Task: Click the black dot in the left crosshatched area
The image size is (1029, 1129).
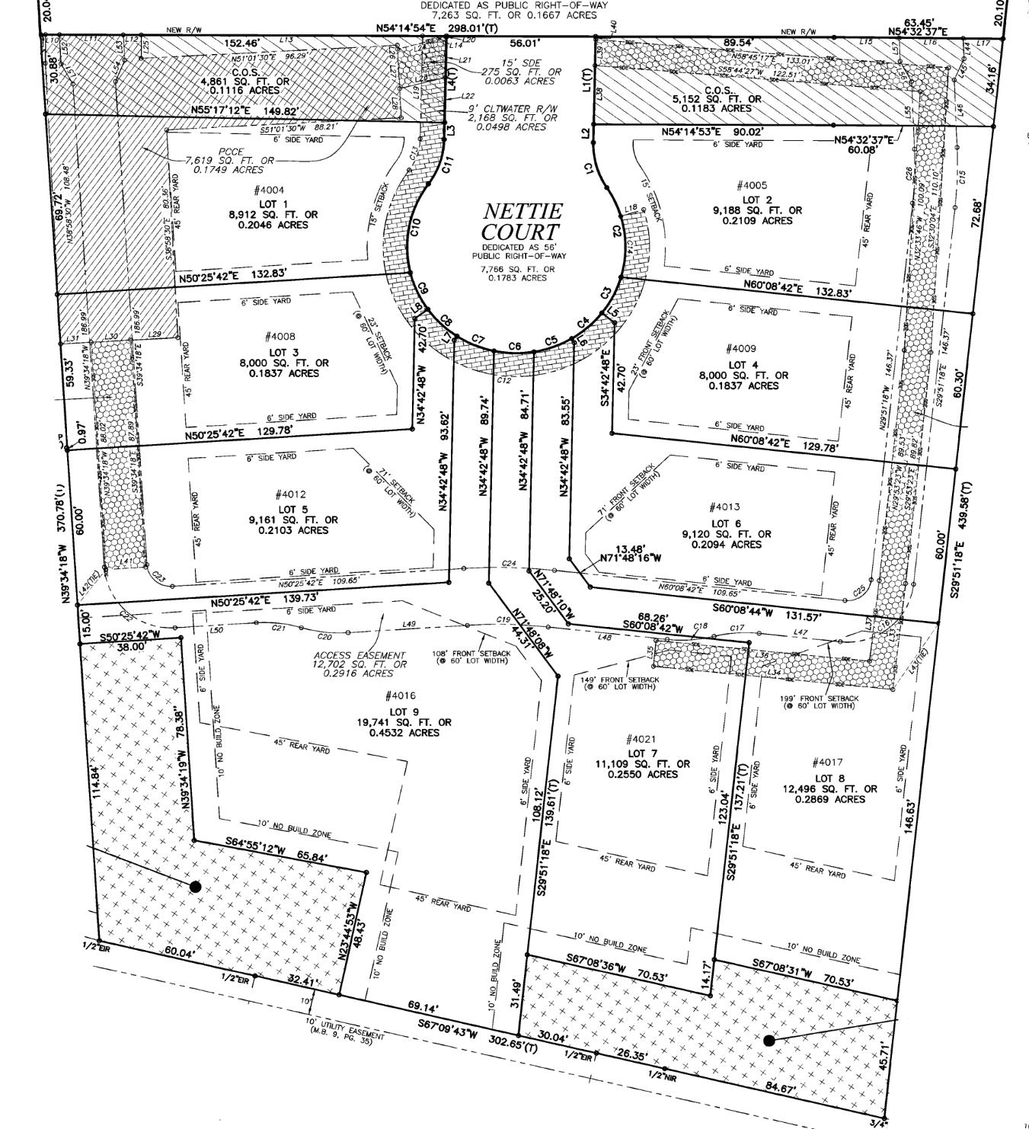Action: tap(195, 887)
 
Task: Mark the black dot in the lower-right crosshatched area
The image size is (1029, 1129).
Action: tap(769, 1040)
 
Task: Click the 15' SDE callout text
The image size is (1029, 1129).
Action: tap(500, 61)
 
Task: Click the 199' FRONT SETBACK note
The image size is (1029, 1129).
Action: tap(819, 698)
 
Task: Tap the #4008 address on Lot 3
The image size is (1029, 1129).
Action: tap(280, 337)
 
